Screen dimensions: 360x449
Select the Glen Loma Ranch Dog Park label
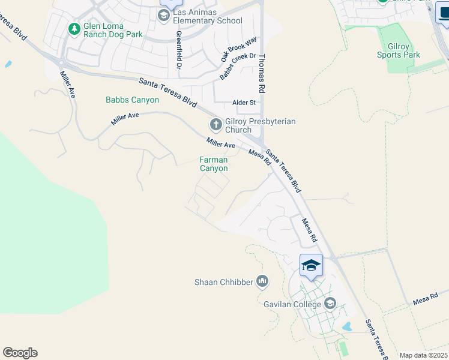(x=113, y=30)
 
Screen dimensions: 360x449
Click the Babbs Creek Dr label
(x=238, y=67)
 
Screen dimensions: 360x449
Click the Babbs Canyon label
(x=133, y=100)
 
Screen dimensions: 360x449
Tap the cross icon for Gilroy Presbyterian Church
(x=215, y=125)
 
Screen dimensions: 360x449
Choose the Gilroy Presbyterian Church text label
(x=260, y=125)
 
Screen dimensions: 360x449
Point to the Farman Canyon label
(x=214, y=164)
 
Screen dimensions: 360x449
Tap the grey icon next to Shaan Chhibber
(x=262, y=280)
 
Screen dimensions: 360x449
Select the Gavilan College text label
(x=292, y=304)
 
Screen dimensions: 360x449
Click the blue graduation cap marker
(x=311, y=266)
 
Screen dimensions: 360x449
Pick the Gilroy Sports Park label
(x=399, y=50)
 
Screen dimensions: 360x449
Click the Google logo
(x=20, y=353)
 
